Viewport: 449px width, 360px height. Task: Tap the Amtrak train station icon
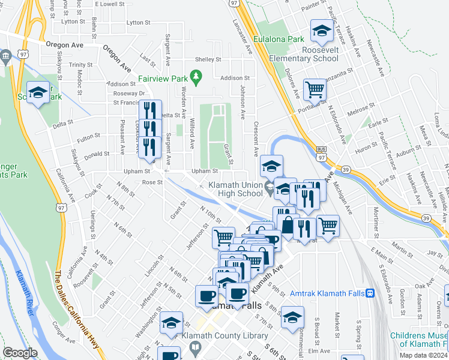(370, 293)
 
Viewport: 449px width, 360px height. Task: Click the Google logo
(20, 353)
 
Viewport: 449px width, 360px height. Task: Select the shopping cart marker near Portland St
(315, 90)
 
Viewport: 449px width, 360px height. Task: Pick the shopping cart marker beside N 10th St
(223, 238)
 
